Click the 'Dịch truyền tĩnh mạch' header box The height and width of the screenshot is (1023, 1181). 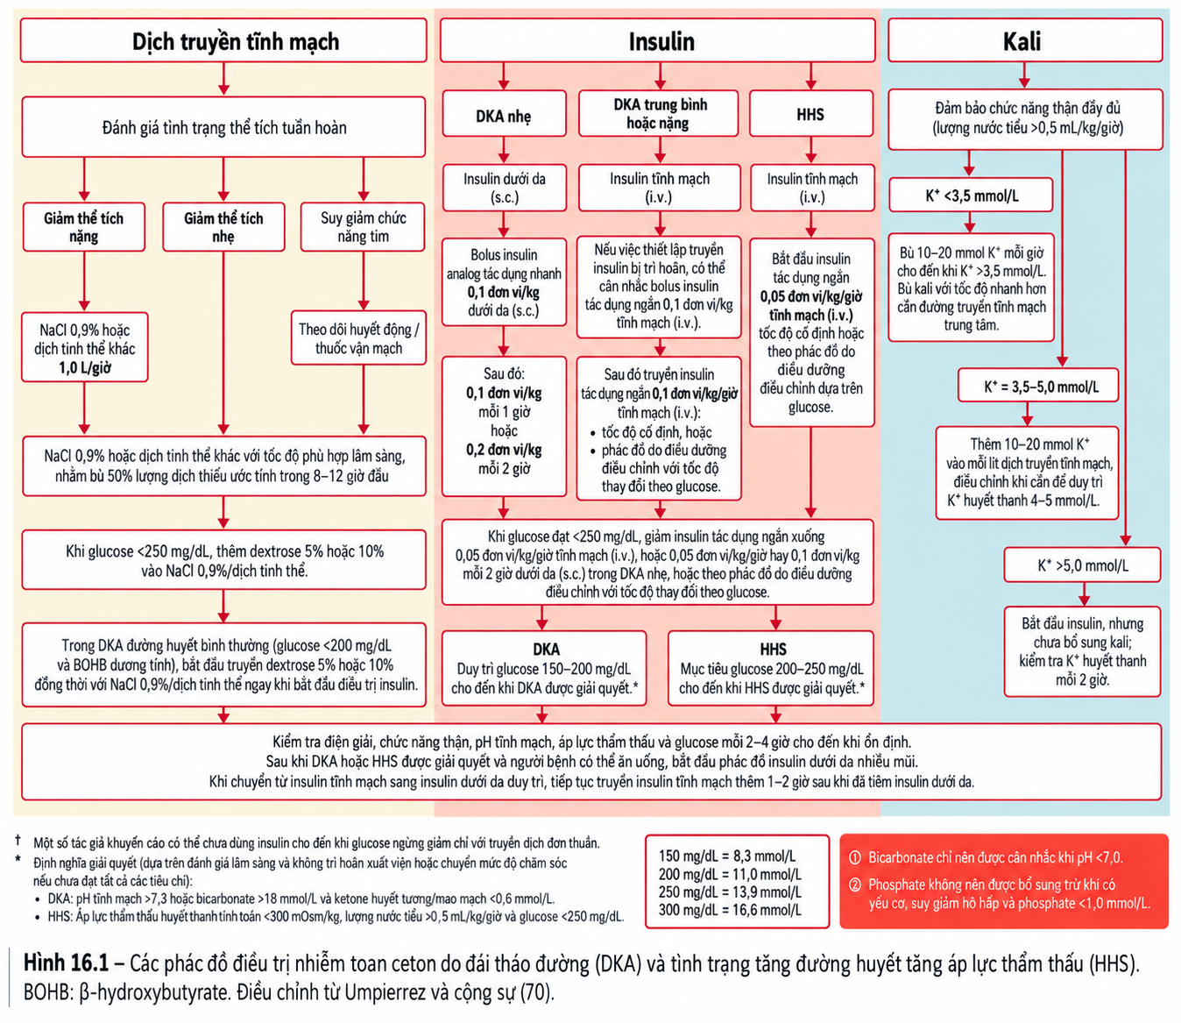click(223, 40)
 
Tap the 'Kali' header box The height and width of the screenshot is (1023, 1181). click(1025, 40)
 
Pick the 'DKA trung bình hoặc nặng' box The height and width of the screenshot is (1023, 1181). click(658, 113)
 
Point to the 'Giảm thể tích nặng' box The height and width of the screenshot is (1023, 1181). click(84, 227)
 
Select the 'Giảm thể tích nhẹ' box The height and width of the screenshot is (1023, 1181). click(223, 227)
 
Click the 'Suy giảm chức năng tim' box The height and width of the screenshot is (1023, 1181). click(363, 227)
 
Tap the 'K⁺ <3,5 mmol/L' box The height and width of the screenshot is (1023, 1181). click(971, 195)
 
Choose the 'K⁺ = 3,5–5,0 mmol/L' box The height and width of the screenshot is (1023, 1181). click(1038, 386)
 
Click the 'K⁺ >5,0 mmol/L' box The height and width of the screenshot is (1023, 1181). click(1082, 565)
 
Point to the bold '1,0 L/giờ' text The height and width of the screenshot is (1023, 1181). click(85, 367)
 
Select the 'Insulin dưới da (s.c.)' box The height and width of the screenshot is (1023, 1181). click(504, 188)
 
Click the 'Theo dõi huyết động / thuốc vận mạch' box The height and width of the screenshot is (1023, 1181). click(358, 338)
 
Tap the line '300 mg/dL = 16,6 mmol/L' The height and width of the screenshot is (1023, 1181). click(730, 910)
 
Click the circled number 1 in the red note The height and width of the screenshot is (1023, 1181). click(855, 857)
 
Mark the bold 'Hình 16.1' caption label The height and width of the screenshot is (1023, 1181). click(66, 963)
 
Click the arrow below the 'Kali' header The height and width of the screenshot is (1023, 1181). click(1024, 75)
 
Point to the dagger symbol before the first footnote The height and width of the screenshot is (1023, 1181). click(18, 840)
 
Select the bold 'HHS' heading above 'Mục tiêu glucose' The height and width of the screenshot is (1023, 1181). click(773, 649)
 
